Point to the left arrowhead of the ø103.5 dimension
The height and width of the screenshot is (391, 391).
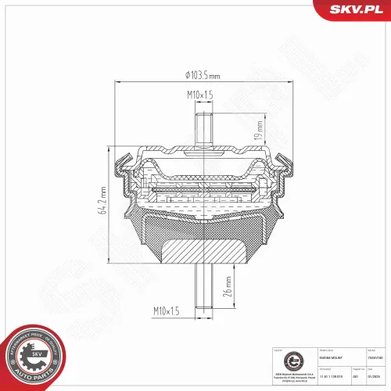click(118, 81)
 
